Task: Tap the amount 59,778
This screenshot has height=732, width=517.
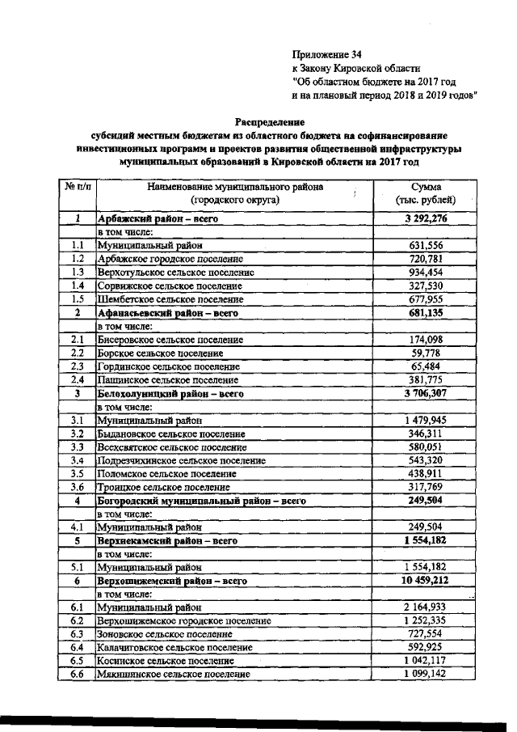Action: (x=426, y=353)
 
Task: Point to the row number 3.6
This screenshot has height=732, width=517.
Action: (x=78, y=487)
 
